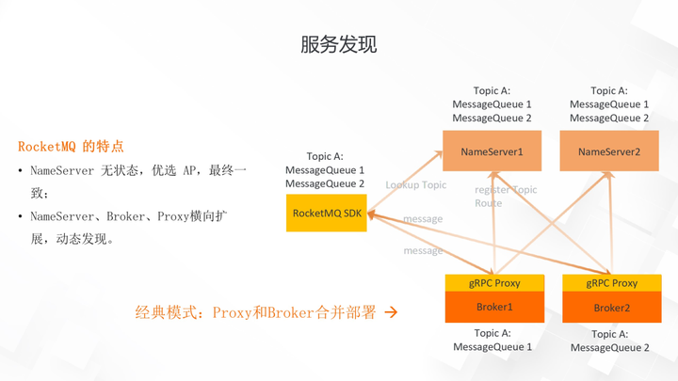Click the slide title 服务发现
(x=338, y=44)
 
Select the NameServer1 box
(x=492, y=151)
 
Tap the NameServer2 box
(x=608, y=151)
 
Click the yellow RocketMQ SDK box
(x=327, y=214)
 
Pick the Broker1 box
(x=494, y=308)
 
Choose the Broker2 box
(x=611, y=309)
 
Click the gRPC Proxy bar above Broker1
(x=494, y=283)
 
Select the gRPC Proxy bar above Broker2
(x=611, y=283)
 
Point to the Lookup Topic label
(x=415, y=185)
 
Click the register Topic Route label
(x=505, y=196)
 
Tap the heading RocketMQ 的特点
(x=71, y=147)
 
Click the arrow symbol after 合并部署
(x=391, y=312)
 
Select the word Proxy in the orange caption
(x=233, y=312)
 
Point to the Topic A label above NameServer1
(x=492, y=91)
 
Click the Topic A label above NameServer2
(x=608, y=91)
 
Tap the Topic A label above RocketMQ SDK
(x=325, y=156)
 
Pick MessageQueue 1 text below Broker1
(x=492, y=347)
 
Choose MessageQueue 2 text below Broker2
(x=609, y=348)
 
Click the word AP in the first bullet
(x=192, y=171)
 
